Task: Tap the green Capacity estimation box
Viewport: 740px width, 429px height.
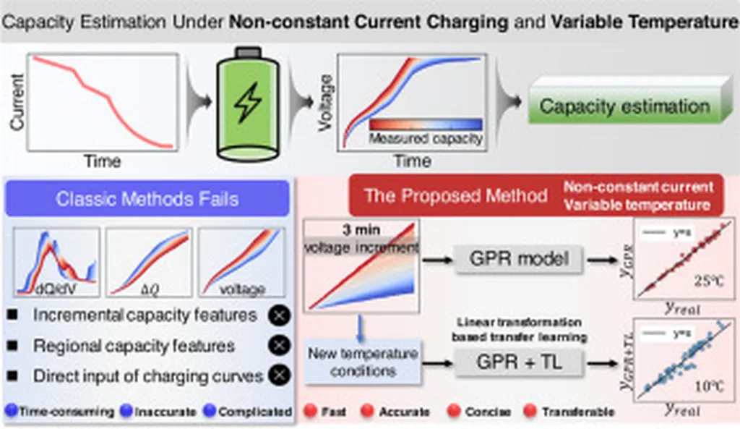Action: click(x=624, y=107)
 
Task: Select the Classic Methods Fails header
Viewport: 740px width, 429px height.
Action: click(x=147, y=197)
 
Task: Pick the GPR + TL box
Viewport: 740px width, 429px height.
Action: click(x=519, y=362)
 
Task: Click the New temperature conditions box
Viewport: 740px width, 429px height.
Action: click(x=362, y=362)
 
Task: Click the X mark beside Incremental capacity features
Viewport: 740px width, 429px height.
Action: click(x=279, y=315)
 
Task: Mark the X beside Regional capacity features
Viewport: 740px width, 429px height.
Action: click(x=279, y=345)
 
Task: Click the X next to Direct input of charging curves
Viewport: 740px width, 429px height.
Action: click(x=279, y=375)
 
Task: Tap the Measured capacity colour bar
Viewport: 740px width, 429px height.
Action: click(x=426, y=124)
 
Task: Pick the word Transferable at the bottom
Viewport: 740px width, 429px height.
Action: click(x=579, y=412)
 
